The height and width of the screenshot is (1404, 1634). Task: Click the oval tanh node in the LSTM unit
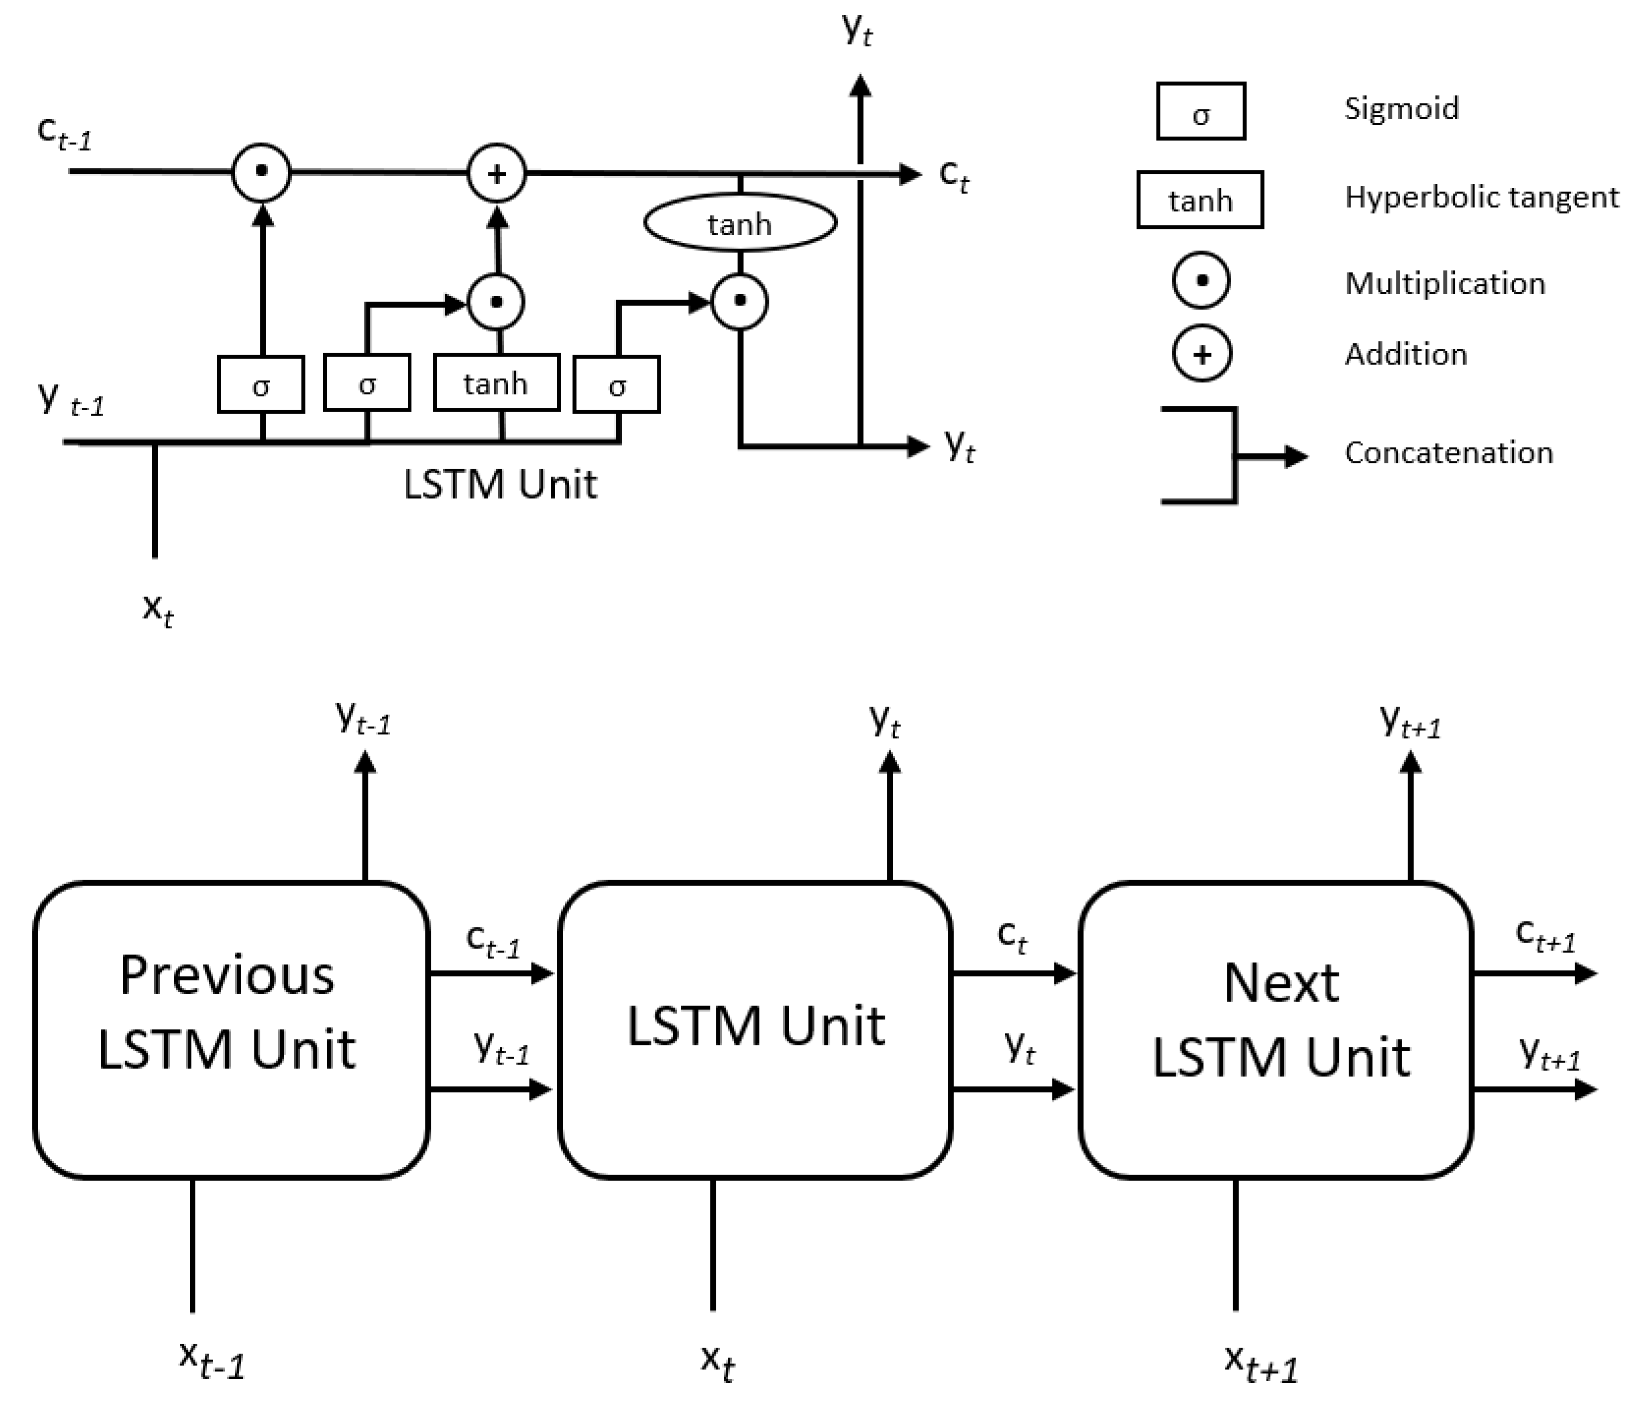pos(739,224)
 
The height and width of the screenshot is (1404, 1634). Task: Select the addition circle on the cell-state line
pos(497,174)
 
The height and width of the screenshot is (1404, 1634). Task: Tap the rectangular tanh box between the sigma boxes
pos(497,384)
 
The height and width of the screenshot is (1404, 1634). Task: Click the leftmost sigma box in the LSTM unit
pos(261,385)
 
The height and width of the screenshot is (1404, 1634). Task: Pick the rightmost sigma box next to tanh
pos(617,385)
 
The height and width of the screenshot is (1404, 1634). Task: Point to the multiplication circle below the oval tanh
pos(739,301)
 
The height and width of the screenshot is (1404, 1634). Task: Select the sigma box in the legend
pos(1201,112)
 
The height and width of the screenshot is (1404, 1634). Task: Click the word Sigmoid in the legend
pos(1401,108)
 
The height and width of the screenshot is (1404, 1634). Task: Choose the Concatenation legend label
pos(1448,453)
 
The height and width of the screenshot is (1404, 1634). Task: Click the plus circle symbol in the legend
pos(1202,354)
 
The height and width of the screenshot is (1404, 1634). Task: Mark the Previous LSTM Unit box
pos(231,1030)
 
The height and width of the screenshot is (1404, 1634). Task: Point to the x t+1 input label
pos(1260,1363)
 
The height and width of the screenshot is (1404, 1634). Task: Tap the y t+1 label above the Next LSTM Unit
pos(1410,721)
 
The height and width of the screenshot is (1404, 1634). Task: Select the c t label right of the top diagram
pos(953,175)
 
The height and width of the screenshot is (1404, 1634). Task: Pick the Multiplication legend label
pos(1444,283)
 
